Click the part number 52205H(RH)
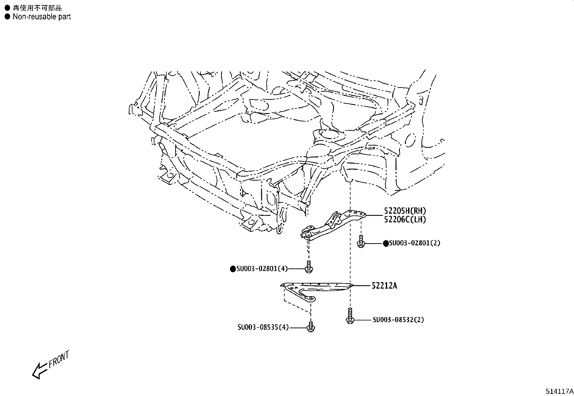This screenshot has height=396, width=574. (405, 211)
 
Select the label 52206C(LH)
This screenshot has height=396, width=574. (405, 219)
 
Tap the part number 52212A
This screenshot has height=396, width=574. (384, 286)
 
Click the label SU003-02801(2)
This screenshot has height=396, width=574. (415, 243)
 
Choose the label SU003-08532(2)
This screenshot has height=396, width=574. (398, 320)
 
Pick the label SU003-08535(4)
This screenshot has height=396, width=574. (263, 328)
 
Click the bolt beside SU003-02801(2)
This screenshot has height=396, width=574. (361, 242)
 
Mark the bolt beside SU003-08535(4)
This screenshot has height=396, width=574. (311, 326)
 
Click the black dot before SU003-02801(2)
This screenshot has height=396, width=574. (386, 243)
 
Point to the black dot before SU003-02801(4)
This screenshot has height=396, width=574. (233, 269)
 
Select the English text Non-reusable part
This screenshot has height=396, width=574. (41, 17)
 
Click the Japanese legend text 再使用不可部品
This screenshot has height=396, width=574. (37, 8)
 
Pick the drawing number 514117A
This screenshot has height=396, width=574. (559, 391)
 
